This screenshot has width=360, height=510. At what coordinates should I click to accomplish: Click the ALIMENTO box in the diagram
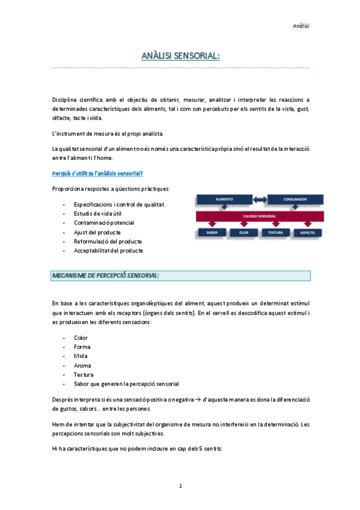tap(221, 198)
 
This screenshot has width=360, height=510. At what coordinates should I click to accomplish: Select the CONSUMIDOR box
tap(295, 198)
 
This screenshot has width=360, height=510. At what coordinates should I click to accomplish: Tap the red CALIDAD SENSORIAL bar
tap(260, 216)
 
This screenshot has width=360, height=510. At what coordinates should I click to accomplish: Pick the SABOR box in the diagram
tap(212, 232)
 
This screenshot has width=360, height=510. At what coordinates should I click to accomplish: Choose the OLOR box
tap(243, 232)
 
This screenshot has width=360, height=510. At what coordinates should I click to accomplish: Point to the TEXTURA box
tap(275, 232)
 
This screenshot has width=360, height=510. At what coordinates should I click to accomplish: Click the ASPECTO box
tap(307, 232)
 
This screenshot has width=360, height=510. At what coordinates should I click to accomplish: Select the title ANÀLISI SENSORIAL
tap(180, 56)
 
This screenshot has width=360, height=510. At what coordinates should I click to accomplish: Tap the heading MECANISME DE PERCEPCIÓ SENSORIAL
tap(106, 275)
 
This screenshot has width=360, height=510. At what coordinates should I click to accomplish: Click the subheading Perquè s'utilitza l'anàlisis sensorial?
tap(97, 173)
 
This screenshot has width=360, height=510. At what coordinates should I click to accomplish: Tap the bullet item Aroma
tap(82, 365)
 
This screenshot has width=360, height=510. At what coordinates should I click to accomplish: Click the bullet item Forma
tap(82, 347)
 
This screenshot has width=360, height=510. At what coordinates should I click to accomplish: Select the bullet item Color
tap(81, 338)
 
